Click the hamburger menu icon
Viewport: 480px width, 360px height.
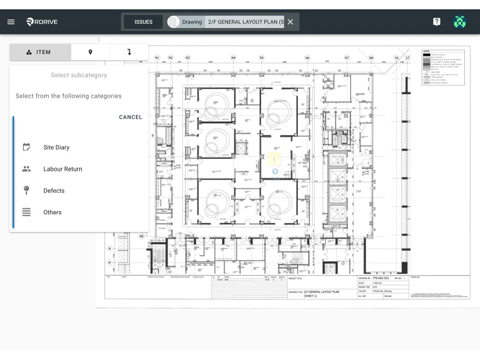coord(11,22)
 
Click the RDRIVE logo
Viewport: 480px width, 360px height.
coord(42,22)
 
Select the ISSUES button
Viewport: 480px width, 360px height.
coord(143,22)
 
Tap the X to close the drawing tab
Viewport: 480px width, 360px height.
coord(290,22)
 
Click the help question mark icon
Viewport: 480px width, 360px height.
coord(436,22)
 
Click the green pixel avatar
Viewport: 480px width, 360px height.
coord(460,22)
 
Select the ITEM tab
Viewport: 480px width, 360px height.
coord(40,52)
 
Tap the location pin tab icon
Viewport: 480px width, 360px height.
coord(90,52)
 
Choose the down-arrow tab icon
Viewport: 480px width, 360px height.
coord(129,52)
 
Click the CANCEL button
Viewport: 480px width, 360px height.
coord(130,117)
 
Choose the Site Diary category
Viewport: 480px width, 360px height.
coord(56,147)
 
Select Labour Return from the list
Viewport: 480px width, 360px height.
coord(62,169)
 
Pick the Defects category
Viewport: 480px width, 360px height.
coord(54,190)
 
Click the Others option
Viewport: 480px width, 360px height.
coord(52,212)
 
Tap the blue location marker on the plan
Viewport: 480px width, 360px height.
coord(275,172)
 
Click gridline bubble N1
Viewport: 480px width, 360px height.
coord(157,58)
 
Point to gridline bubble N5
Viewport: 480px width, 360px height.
coord(262,58)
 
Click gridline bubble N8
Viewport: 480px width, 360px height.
coord(371,58)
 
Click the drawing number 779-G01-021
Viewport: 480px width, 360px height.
coord(381,278)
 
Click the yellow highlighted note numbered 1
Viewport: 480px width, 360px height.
coord(274,159)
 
